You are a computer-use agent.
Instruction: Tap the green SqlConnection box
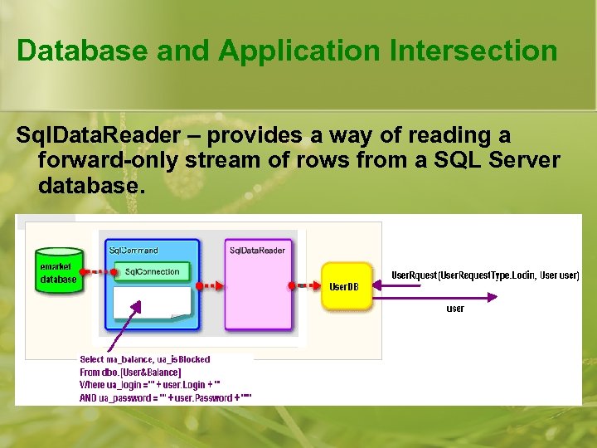[152, 272]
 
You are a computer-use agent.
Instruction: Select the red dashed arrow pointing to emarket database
[95, 271]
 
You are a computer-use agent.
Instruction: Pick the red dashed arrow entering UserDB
[307, 286]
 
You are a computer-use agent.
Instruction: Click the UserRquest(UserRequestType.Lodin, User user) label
[485, 275]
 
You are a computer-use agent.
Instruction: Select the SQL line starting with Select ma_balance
[144, 359]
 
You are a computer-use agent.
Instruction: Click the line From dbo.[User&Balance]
[130, 373]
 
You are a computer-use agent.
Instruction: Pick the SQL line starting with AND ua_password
[165, 398]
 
